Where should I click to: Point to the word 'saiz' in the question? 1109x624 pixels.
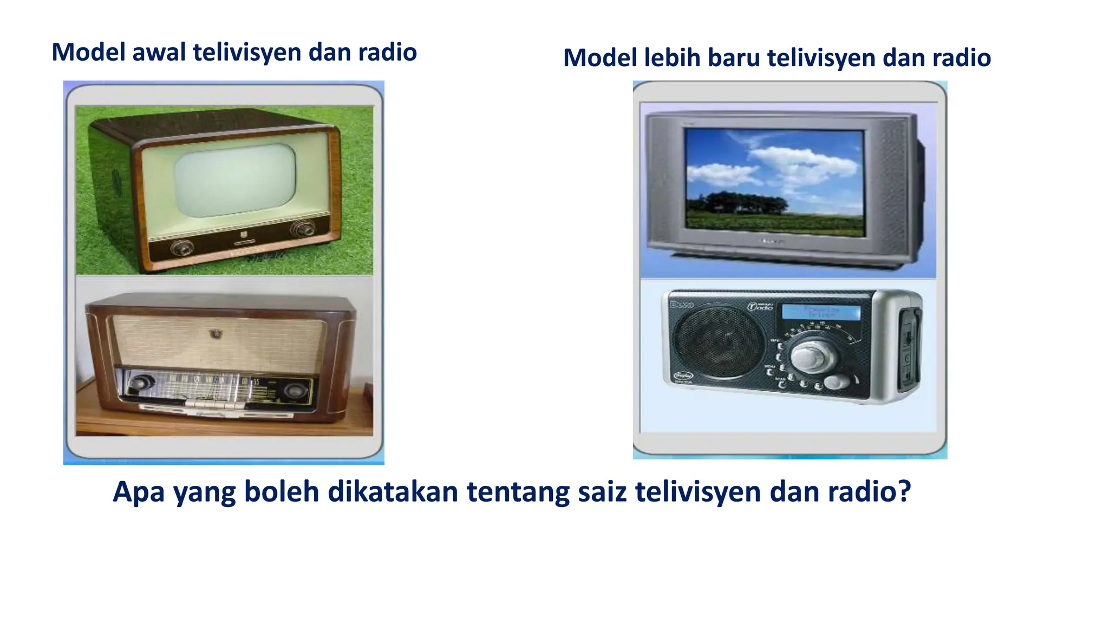[x=602, y=492]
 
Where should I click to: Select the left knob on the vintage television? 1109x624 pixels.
[x=181, y=248]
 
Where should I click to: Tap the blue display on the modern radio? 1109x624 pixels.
[x=821, y=313]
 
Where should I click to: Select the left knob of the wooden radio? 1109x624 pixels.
[x=140, y=383]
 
